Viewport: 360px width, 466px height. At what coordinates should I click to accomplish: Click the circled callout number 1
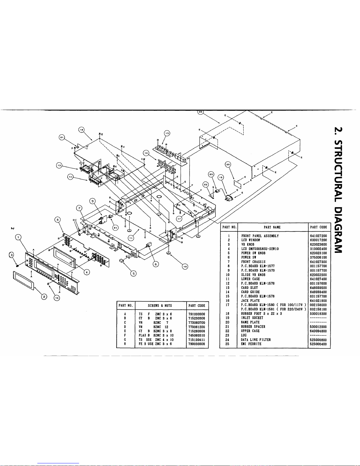[19, 237]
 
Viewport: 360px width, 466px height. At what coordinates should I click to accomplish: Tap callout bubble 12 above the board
[81, 130]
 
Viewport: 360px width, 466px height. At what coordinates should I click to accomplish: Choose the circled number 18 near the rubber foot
[185, 266]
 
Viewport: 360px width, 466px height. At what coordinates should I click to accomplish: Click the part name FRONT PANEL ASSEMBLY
[260, 236]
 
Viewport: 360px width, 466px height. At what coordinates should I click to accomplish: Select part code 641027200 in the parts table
[318, 236]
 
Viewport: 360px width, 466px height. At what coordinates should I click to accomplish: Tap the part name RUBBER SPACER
[253, 327]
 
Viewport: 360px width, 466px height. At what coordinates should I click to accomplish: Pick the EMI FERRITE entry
[251, 344]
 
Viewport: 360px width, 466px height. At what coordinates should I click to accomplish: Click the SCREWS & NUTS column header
[160, 306]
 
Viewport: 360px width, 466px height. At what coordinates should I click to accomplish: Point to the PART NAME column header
[272, 227]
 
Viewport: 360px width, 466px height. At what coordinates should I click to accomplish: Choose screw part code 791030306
[197, 314]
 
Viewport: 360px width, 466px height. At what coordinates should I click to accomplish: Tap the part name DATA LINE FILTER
[256, 340]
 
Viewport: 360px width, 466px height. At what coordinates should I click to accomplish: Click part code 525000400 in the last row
[318, 344]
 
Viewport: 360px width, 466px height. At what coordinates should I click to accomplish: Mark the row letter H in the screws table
[125, 344]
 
